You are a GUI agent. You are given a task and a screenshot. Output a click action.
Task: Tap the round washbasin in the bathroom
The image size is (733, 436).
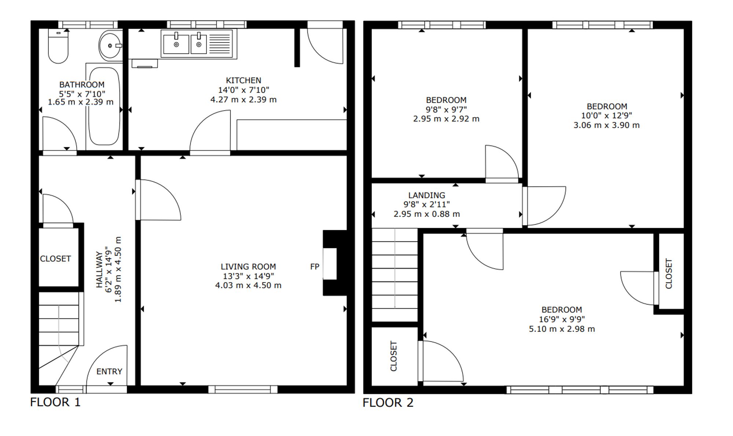pyautogui.click(x=110, y=46)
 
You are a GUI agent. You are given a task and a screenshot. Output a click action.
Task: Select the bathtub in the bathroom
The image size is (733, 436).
pyautogui.click(x=104, y=106)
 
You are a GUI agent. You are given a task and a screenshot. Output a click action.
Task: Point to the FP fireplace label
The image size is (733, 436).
pyautogui.click(x=314, y=267)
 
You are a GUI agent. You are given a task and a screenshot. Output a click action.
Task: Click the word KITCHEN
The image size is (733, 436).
pyautogui.click(x=243, y=80)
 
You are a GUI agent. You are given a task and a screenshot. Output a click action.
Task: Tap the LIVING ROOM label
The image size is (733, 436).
pyautogui.click(x=248, y=267)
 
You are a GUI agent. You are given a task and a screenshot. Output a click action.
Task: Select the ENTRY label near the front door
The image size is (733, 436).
pyautogui.click(x=109, y=372)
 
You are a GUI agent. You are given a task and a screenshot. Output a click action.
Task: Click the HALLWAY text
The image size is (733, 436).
pyautogui.click(x=99, y=269)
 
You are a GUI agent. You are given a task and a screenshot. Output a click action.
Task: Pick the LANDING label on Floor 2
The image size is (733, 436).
pyautogui.click(x=427, y=195)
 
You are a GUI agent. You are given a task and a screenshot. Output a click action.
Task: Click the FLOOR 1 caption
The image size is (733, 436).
pyautogui.click(x=55, y=402)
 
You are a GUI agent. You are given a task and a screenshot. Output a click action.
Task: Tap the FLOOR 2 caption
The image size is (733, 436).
pyautogui.click(x=388, y=403)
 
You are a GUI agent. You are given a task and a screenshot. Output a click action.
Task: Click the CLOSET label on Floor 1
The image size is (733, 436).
pyautogui.click(x=55, y=259)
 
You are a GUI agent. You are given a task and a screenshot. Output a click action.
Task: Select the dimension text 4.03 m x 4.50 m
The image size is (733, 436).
pyautogui.click(x=248, y=285)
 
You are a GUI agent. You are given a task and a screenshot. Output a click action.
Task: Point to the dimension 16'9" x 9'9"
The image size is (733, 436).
pyautogui.click(x=562, y=319)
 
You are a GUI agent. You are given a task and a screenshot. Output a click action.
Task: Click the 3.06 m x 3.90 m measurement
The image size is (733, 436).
pyautogui.click(x=607, y=125)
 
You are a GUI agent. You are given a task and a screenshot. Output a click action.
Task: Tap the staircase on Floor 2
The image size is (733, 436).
pyautogui.click(x=395, y=275)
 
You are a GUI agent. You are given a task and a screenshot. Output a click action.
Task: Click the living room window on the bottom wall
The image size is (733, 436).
pyautogui.click(x=243, y=389)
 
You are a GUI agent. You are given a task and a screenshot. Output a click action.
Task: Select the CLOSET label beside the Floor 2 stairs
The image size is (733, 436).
pyautogui.click(x=394, y=356)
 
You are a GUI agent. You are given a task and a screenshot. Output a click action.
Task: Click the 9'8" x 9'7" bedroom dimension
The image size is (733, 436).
pyautogui.click(x=446, y=110)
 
